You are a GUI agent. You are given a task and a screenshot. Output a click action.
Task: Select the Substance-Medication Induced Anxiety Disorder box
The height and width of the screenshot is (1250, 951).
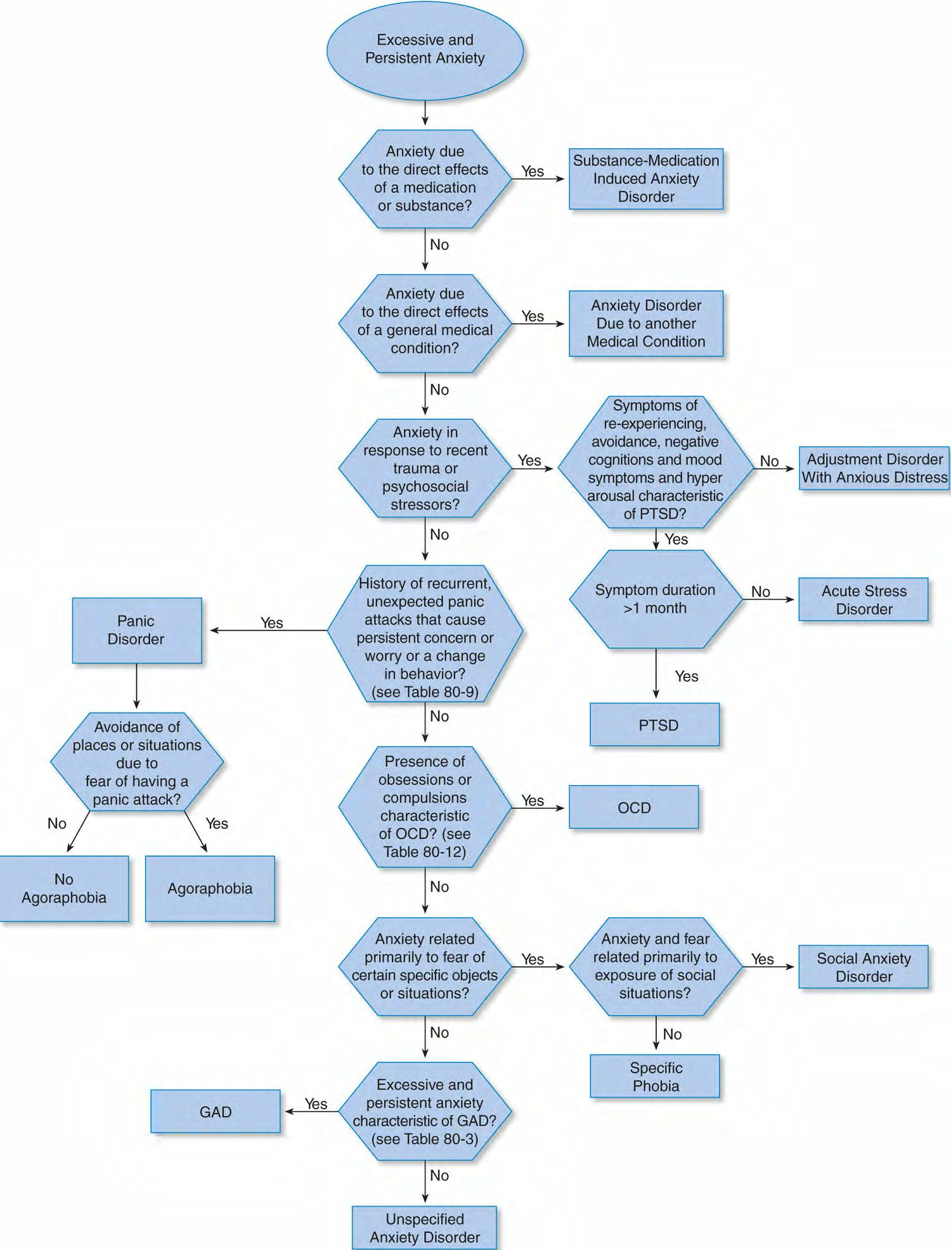click(x=646, y=179)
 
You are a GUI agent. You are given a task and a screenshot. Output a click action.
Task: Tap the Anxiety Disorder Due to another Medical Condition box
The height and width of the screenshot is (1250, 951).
click(x=646, y=323)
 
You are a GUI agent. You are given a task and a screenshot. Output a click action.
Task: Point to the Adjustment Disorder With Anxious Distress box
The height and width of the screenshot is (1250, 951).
click(x=874, y=468)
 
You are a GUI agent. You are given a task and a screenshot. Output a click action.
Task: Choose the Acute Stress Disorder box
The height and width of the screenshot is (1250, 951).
click(x=864, y=599)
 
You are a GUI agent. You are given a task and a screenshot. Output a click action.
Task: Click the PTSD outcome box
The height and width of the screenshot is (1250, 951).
click(x=655, y=724)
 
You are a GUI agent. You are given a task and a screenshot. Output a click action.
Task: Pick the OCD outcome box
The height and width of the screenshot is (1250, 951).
click(x=634, y=807)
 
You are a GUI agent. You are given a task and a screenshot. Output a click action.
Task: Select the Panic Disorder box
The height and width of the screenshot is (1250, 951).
click(x=137, y=630)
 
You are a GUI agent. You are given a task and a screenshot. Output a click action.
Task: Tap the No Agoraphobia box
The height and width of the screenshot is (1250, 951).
click(x=64, y=889)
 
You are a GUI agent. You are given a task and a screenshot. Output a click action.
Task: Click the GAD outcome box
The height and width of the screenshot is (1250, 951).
click(x=216, y=1111)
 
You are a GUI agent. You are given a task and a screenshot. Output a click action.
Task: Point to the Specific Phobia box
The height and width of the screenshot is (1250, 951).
click(x=655, y=1076)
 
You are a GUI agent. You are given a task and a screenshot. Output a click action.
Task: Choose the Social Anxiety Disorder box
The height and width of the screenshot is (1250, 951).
click(x=864, y=967)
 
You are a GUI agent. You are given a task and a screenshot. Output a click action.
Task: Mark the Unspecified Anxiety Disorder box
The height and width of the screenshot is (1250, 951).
click(x=425, y=1228)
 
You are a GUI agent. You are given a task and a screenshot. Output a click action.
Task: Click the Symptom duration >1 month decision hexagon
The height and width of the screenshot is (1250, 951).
click(x=656, y=599)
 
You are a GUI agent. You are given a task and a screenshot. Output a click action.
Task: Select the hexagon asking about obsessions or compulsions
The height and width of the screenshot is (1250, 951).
click(x=425, y=807)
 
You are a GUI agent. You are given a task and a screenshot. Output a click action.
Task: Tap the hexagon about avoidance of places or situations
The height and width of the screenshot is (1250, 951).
click(x=137, y=762)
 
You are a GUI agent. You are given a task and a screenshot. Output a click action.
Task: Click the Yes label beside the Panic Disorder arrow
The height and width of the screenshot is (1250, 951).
click(x=272, y=623)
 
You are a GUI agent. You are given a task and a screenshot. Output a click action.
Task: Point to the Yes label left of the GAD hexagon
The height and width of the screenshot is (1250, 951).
click(x=316, y=1104)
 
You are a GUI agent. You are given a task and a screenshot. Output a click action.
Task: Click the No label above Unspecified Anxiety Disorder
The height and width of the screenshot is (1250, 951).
click(x=439, y=1175)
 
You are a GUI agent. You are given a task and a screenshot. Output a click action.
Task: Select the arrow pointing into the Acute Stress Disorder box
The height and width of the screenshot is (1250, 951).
click(x=768, y=599)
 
